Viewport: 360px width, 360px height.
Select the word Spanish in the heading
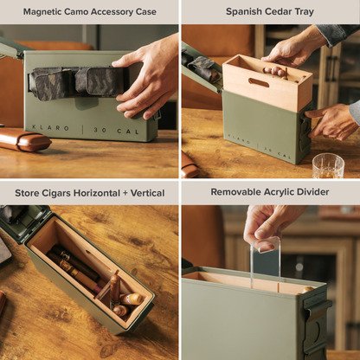coord(246,12)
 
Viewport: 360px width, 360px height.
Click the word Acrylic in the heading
coord(281,192)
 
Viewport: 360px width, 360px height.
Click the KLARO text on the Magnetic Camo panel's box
coord(53,127)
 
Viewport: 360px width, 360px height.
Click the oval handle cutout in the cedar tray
coord(260,83)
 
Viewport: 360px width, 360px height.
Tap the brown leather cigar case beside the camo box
coord(23,140)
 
